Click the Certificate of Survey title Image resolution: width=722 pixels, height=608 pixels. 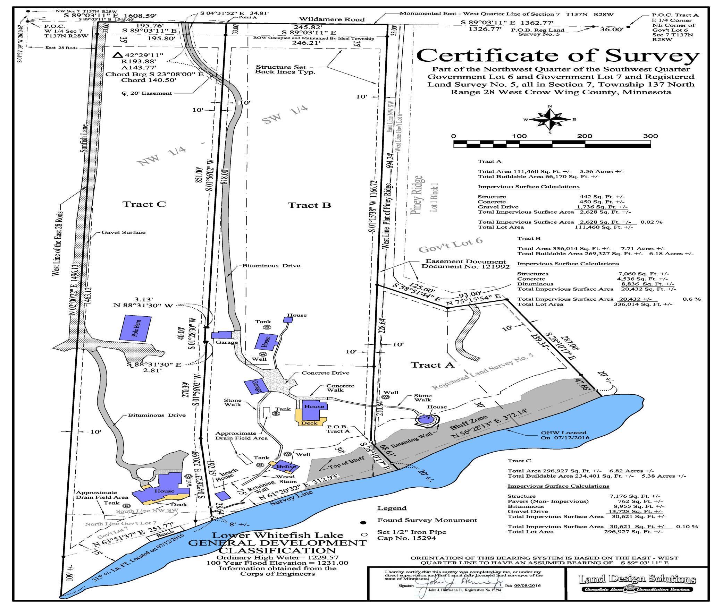[x=558, y=55]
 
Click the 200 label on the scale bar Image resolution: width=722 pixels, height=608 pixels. [x=585, y=136]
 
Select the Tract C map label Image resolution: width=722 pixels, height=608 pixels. [x=144, y=204]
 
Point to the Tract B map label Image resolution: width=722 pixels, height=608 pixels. [x=309, y=205]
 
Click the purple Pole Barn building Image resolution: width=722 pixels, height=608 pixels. [x=135, y=328]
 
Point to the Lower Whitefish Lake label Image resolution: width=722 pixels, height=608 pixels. [x=278, y=536]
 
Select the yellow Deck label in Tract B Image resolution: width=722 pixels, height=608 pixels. [x=309, y=423]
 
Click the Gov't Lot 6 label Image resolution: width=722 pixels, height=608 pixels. [x=451, y=245]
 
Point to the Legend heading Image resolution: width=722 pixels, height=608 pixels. [x=392, y=508]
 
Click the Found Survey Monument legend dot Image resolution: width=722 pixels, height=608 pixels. [x=363, y=523]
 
